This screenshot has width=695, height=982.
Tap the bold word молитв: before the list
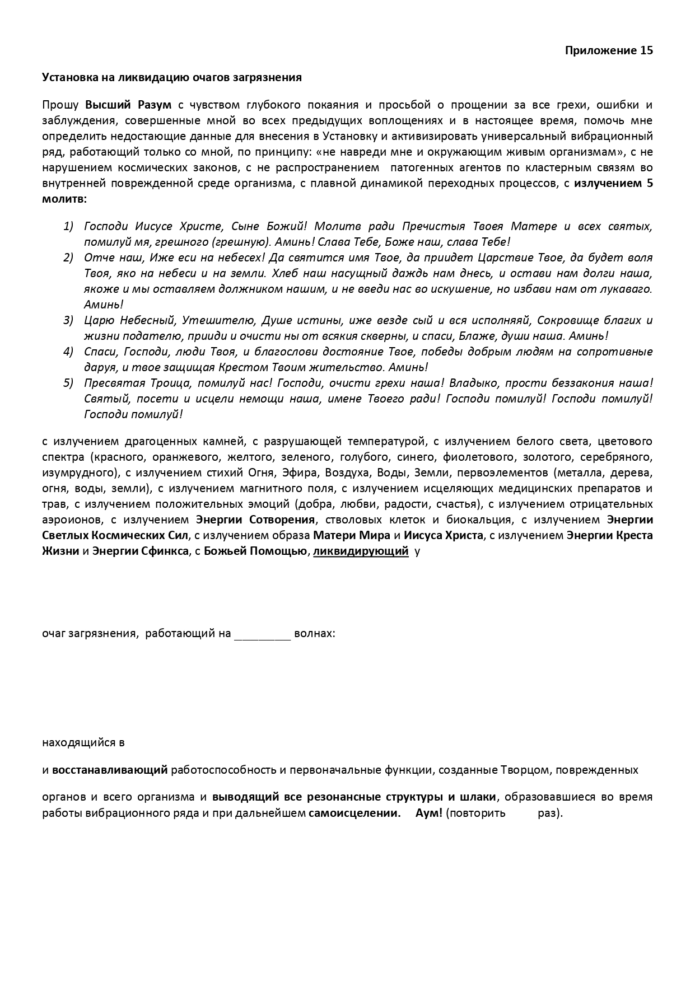tap(64, 199)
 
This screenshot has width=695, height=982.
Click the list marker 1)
tap(68, 226)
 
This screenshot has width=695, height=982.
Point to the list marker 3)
tap(68, 320)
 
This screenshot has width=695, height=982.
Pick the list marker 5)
tap(68, 383)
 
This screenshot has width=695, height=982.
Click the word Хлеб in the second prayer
tap(287, 273)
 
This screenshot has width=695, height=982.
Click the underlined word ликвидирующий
tap(361, 550)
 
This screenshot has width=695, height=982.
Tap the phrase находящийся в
tap(83, 743)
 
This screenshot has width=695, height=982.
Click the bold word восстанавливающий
tap(110, 770)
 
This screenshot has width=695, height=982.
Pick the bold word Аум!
tap(429, 812)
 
